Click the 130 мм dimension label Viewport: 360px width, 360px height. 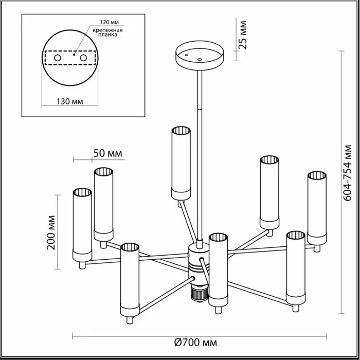pos(70,101)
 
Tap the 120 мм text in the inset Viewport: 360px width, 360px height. pos(109,22)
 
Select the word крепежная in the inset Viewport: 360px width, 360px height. pos(107,30)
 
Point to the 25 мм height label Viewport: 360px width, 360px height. pos(243,35)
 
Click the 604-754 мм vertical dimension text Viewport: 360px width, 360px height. pos(348,173)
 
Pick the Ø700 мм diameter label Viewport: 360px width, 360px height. pos(195,343)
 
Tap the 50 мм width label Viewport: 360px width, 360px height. pos(107,153)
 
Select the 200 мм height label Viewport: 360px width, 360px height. pos(51,232)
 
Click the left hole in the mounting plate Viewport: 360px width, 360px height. pos(58,58)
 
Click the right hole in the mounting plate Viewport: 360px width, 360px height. pos(83,58)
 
